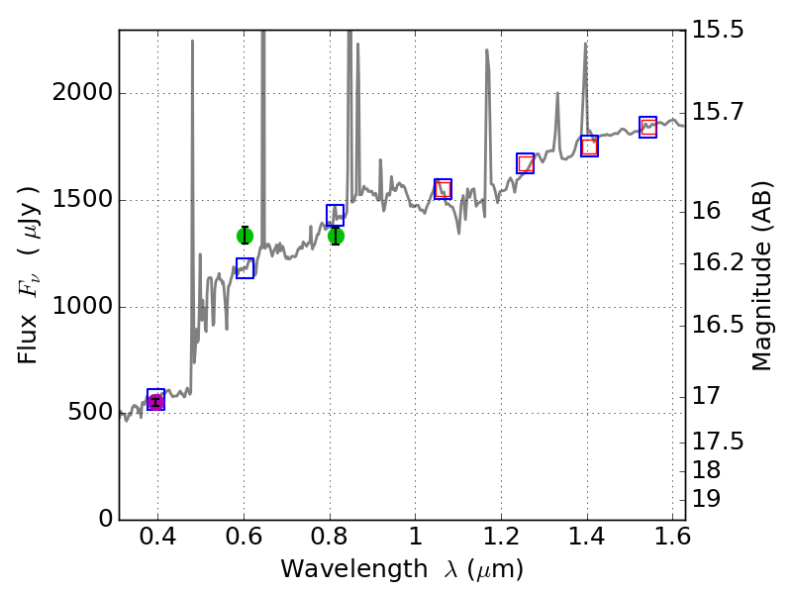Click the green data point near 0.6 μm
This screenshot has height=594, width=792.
tap(245, 236)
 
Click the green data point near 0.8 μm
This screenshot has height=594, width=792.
tap(336, 236)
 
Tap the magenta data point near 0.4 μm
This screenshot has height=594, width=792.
tap(155, 401)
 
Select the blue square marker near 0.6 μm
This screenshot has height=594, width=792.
tap(245, 267)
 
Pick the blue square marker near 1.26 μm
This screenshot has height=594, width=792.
tap(526, 163)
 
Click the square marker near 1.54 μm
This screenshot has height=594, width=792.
tap(647, 127)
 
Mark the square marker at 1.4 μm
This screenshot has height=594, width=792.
tap(589, 147)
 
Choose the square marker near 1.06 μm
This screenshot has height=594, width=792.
tap(443, 189)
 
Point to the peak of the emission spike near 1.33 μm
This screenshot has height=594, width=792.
tap(557, 94)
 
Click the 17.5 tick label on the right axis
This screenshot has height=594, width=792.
tap(718, 441)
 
